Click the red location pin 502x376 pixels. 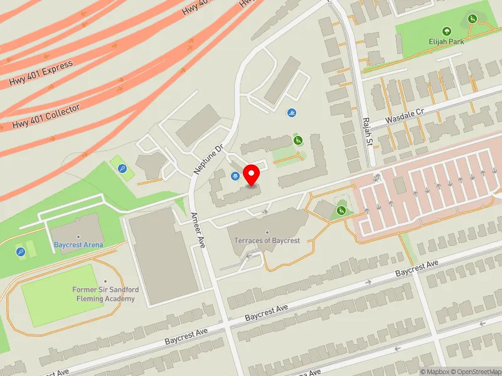252,175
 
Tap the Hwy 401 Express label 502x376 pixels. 41,73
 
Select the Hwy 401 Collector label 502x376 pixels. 46,117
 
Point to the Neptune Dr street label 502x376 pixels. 209,159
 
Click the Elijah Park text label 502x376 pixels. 446,42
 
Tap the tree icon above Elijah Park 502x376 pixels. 446,31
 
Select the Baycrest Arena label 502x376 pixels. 78,245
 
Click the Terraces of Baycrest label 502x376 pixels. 267,241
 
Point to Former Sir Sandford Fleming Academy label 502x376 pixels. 106,294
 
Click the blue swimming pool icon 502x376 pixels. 292,113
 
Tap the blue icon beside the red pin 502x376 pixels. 235,176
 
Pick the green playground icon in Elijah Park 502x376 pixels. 472,19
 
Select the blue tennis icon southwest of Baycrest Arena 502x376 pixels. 21,252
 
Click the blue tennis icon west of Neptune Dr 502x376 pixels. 122,168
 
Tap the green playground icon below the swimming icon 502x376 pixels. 298,140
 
